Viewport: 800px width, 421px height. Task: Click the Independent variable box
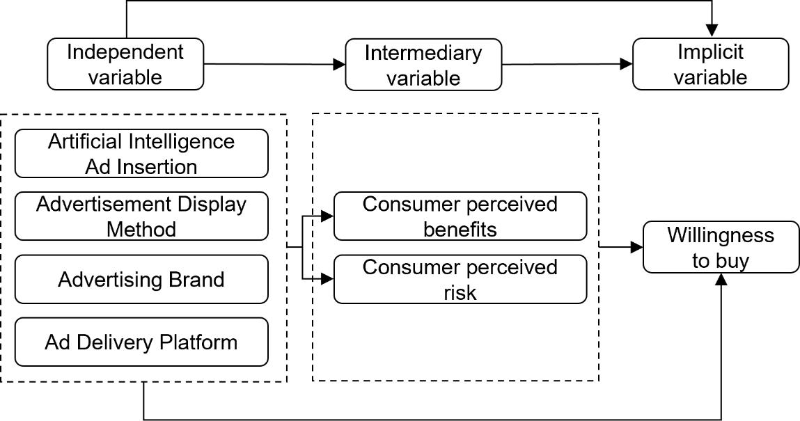point(125,64)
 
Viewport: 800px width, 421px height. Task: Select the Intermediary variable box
point(423,65)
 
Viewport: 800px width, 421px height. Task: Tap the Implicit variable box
point(710,64)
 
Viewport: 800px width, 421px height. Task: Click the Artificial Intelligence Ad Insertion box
point(141,154)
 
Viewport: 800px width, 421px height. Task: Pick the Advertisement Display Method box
point(141,216)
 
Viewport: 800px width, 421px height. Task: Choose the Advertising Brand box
point(141,280)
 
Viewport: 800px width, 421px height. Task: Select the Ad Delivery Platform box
point(141,342)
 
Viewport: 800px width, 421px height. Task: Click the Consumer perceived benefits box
point(460,216)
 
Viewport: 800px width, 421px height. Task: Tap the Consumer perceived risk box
point(460,280)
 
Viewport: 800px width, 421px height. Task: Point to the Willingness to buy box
point(721,248)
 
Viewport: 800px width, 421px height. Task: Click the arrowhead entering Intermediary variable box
point(340,65)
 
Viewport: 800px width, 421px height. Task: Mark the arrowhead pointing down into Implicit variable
point(711,31)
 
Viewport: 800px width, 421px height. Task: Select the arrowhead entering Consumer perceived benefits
point(328,216)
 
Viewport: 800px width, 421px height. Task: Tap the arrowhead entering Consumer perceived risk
point(328,279)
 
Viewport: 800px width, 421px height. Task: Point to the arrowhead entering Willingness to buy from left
point(636,247)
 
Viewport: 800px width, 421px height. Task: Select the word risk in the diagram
point(460,292)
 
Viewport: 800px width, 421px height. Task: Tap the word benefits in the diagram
point(460,229)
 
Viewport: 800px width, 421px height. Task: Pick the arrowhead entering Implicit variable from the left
point(627,65)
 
